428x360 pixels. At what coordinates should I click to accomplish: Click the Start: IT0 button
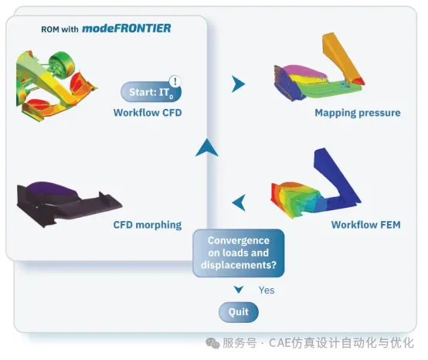coord(151,92)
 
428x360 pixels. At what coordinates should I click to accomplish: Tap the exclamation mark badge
coord(175,81)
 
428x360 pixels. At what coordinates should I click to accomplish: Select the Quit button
coord(239,312)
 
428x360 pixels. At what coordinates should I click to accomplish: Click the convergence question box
coord(239,253)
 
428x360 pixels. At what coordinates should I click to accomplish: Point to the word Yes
coord(267,290)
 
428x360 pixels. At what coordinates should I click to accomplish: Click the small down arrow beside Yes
coord(239,290)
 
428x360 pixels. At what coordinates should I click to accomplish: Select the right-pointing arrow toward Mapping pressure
coord(238,84)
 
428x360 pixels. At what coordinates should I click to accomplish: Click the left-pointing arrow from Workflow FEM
coord(239,202)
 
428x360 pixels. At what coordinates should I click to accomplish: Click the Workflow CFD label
coord(148,113)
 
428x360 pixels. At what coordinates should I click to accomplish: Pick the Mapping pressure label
coord(358,113)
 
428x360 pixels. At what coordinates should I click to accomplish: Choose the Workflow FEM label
coord(365,225)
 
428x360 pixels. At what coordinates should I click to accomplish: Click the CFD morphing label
coord(148,225)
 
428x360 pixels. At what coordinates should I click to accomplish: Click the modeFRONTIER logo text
coord(127,29)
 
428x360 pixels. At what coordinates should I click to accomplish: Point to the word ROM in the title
coord(50,29)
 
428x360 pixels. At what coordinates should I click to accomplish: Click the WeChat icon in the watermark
coord(212,343)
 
